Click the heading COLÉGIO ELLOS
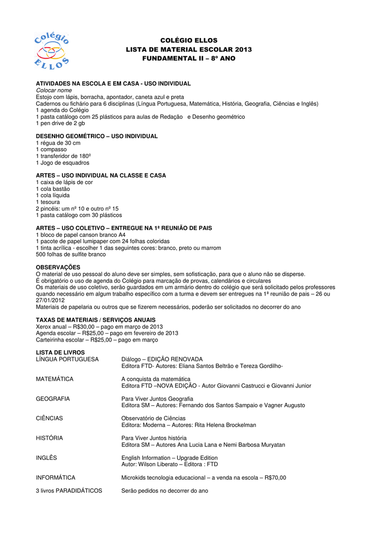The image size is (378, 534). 188,40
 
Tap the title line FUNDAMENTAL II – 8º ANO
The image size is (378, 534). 188,58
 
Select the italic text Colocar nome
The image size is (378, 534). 54,90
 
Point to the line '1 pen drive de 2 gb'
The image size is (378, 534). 60,124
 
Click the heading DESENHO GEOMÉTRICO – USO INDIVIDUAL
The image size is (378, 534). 97,136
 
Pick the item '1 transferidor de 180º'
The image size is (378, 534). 64,156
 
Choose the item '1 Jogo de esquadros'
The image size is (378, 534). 63,163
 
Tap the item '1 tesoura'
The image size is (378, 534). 48,202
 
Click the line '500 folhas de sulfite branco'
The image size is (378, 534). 71,254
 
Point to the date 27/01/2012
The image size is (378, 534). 50,300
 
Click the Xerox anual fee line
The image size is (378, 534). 99,327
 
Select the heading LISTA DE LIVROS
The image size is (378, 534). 60,353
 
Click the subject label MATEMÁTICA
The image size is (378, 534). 55,379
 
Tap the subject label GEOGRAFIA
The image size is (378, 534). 53,398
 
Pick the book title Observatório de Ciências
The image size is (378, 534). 153,418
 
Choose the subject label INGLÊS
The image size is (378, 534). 46,458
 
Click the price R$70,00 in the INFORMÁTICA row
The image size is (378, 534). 275,477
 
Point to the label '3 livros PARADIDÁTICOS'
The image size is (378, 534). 69,491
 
